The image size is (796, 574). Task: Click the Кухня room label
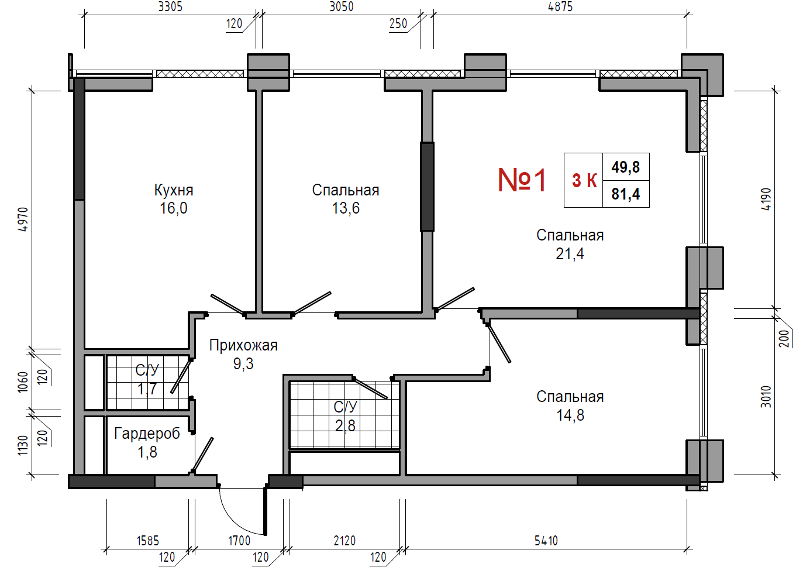[174, 191]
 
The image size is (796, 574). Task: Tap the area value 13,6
[346, 208]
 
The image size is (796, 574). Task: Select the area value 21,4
[570, 254]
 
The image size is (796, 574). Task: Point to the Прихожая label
[243, 345]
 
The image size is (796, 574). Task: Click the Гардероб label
[147, 434]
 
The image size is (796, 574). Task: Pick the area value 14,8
[570, 415]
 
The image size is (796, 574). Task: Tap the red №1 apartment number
[522, 181]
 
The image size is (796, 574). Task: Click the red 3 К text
[584, 180]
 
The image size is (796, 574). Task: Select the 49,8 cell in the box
[625, 167]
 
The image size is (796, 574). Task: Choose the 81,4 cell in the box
[625, 194]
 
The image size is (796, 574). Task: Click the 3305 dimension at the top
[170, 7]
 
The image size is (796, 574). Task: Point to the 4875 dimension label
[560, 7]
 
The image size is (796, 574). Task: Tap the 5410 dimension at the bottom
[546, 541]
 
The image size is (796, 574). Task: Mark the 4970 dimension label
[23, 219]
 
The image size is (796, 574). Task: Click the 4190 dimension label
[766, 199]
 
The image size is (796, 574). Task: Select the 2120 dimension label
[344, 541]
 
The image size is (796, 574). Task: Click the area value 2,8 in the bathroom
[345, 425]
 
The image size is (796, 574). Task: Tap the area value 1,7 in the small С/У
[147, 389]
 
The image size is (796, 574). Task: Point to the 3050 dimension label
[342, 7]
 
